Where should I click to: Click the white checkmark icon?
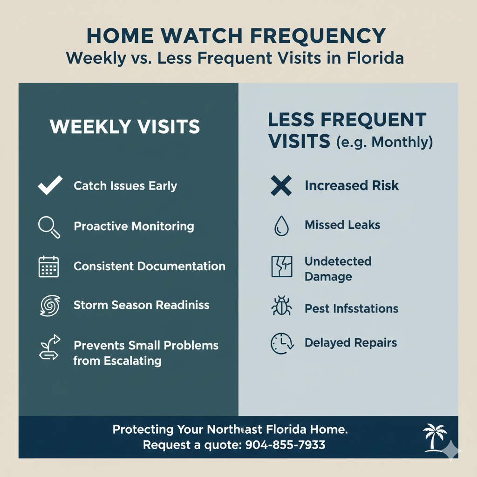tap(49, 186)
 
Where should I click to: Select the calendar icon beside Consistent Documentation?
tap(48, 267)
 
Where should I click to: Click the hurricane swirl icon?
tap(48, 306)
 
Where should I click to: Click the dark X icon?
tap(281, 186)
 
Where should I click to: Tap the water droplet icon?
tap(280, 226)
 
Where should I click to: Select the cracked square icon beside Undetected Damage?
tap(281, 267)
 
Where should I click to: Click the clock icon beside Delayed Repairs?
tap(281, 343)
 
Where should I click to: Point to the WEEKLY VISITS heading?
tap(125, 127)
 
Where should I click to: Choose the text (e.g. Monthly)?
tap(385, 142)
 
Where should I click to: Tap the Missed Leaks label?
tap(342, 225)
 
